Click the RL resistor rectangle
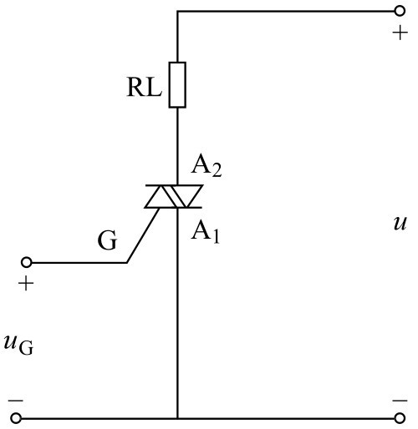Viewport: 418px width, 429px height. [177, 85]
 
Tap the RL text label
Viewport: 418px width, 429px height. [144, 87]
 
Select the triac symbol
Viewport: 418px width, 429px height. [174, 196]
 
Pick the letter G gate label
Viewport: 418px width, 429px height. [107, 240]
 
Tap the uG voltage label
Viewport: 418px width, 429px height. [18, 345]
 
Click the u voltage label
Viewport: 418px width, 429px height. [400, 224]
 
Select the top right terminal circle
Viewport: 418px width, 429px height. [400, 11]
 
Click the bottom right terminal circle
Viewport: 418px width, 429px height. [400, 418]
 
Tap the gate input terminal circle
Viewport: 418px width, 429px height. [27, 262]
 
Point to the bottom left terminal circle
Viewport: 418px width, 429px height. [16, 418]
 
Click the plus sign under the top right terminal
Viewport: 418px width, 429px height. [400, 33]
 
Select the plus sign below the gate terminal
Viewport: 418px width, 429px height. [26, 284]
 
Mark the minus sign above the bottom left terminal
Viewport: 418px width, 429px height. [16, 401]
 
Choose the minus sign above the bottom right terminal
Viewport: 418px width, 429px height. [400, 401]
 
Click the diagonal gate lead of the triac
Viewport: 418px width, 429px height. [143, 235]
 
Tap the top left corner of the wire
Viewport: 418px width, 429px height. [177, 12]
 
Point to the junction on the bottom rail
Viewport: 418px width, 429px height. [177, 418]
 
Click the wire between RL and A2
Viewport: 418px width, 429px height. [177, 146]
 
